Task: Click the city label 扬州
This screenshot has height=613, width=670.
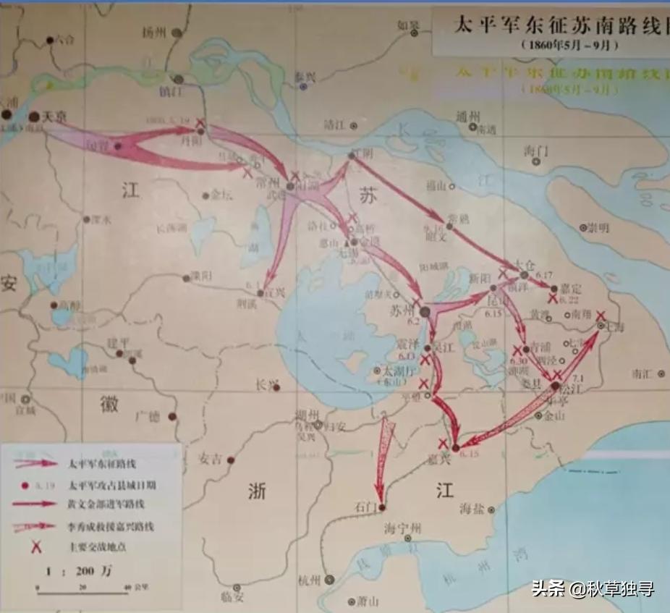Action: point(155,32)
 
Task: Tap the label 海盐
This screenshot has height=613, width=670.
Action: point(474,509)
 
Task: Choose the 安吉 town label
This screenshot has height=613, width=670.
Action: point(211,459)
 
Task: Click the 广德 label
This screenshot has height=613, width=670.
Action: point(149,416)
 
